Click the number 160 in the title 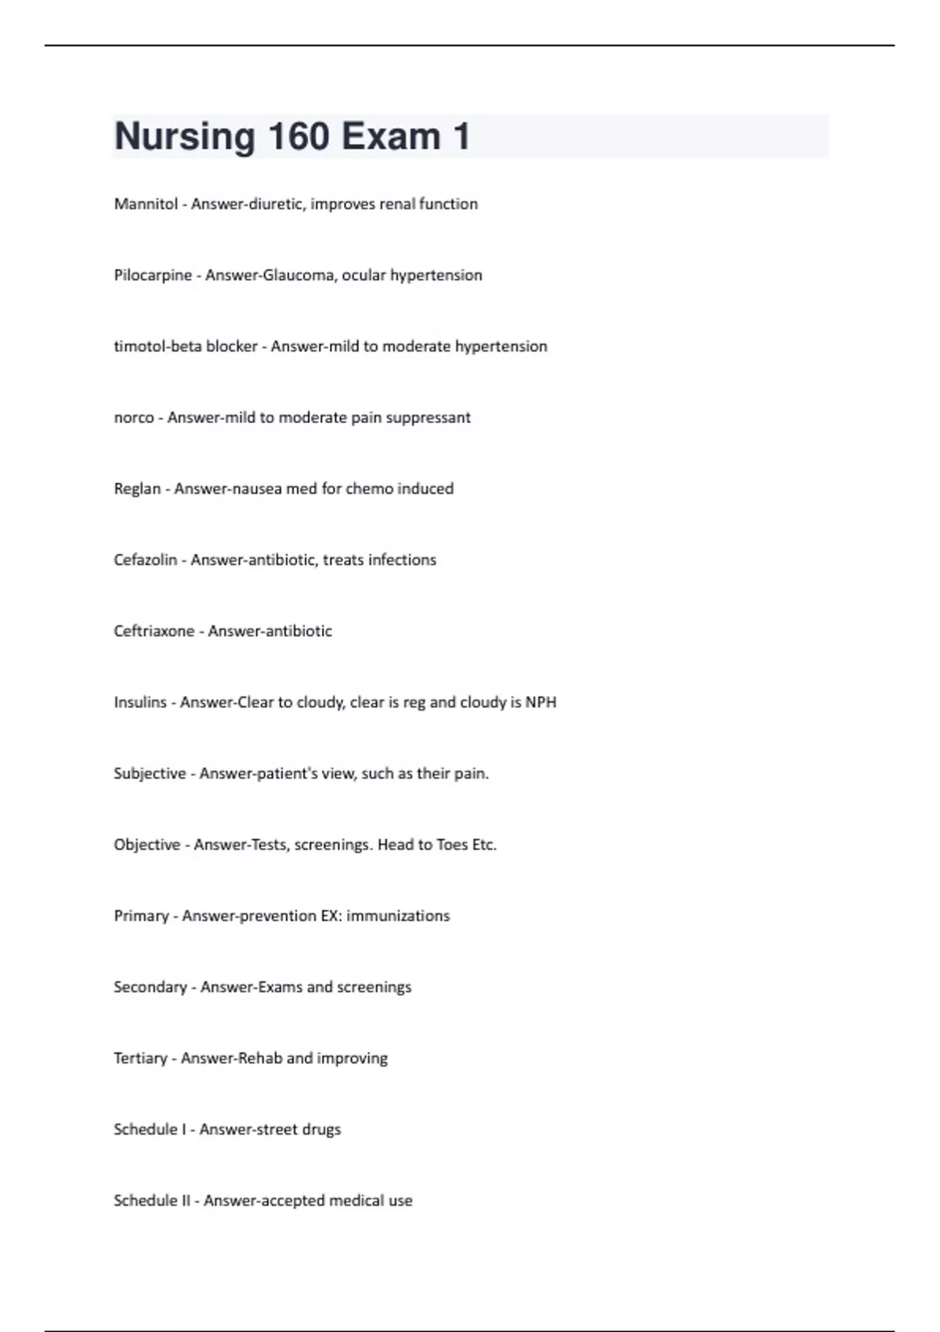click(298, 136)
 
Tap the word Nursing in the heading click(185, 136)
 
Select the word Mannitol click(146, 204)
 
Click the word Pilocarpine click(153, 275)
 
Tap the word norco click(134, 418)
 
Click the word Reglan click(137, 489)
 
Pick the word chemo click(369, 489)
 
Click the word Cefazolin click(145, 560)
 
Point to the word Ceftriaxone click(154, 632)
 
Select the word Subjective click(150, 774)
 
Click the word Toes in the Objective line click(452, 845)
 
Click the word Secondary click(150, 987)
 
